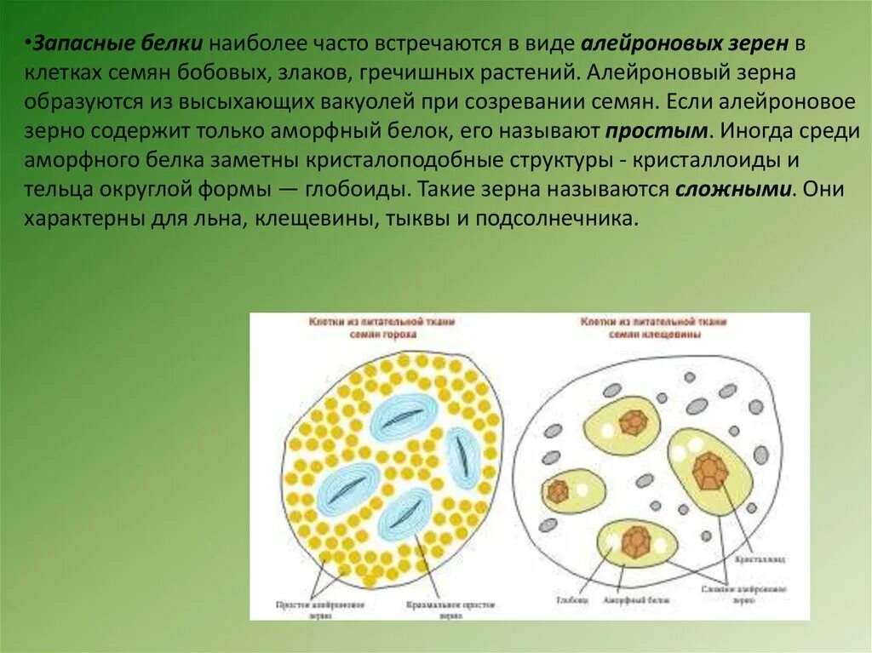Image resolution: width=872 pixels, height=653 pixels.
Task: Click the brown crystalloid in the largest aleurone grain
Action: pos(709,470)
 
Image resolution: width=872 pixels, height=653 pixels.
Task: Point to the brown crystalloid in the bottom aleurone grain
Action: pos(634,544)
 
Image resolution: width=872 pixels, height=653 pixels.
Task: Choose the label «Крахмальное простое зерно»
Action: pos(450,609)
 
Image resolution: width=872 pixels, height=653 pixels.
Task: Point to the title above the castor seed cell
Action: pos(653,329)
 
